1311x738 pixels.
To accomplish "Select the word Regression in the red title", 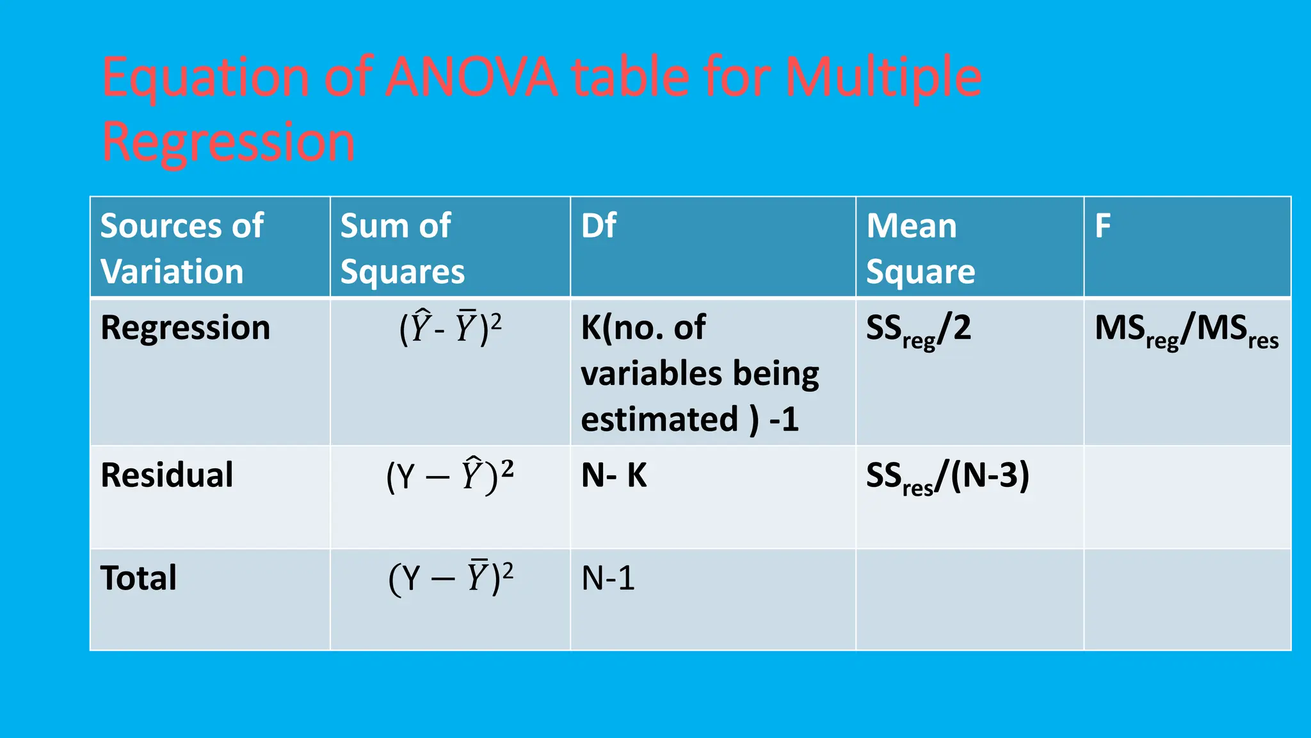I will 228,142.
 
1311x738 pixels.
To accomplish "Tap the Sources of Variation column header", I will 182,248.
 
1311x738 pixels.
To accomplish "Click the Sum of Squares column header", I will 402,248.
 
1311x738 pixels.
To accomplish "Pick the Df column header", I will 599,225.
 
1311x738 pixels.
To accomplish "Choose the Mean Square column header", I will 920,248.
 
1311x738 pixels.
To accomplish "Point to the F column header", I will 1102,225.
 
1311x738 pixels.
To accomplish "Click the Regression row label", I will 185,327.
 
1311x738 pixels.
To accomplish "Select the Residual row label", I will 167,475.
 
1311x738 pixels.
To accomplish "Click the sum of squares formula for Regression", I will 450,327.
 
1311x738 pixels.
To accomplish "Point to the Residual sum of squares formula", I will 450,475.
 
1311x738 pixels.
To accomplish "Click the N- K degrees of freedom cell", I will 614,475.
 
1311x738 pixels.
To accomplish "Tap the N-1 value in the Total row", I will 607,578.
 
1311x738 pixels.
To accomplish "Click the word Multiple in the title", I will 883,78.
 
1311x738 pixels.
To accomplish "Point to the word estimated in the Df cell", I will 659,420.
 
